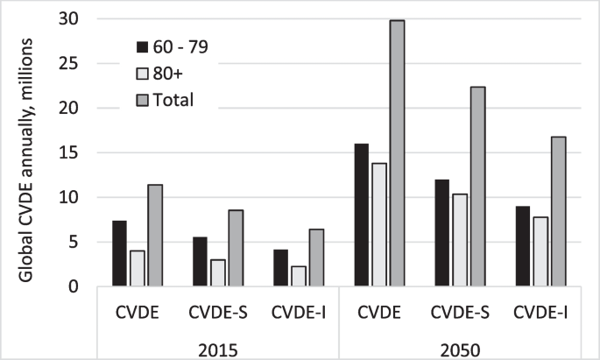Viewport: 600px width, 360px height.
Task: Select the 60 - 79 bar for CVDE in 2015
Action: click(120, 253)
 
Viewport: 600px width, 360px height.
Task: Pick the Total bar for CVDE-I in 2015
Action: click(316, 258)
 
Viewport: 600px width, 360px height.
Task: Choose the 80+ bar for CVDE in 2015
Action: click(137, 268)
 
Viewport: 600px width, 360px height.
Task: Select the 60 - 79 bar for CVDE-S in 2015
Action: click(201, 261)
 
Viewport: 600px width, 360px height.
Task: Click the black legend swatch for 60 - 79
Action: click(142, 46)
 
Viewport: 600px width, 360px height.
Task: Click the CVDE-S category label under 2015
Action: click(218, 311)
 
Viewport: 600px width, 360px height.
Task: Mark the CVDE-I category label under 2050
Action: click(540, 311)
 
